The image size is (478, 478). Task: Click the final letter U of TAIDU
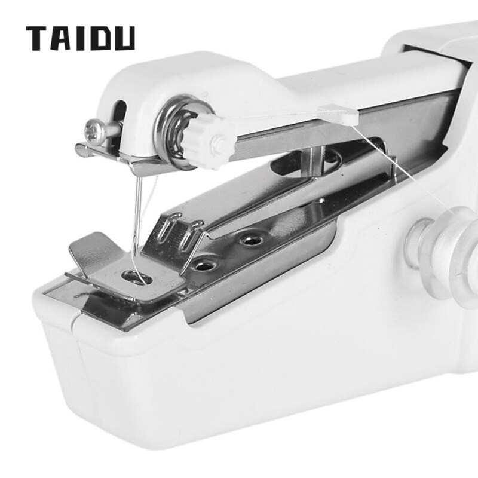(124, 38)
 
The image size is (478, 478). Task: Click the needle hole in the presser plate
(136, 277)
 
